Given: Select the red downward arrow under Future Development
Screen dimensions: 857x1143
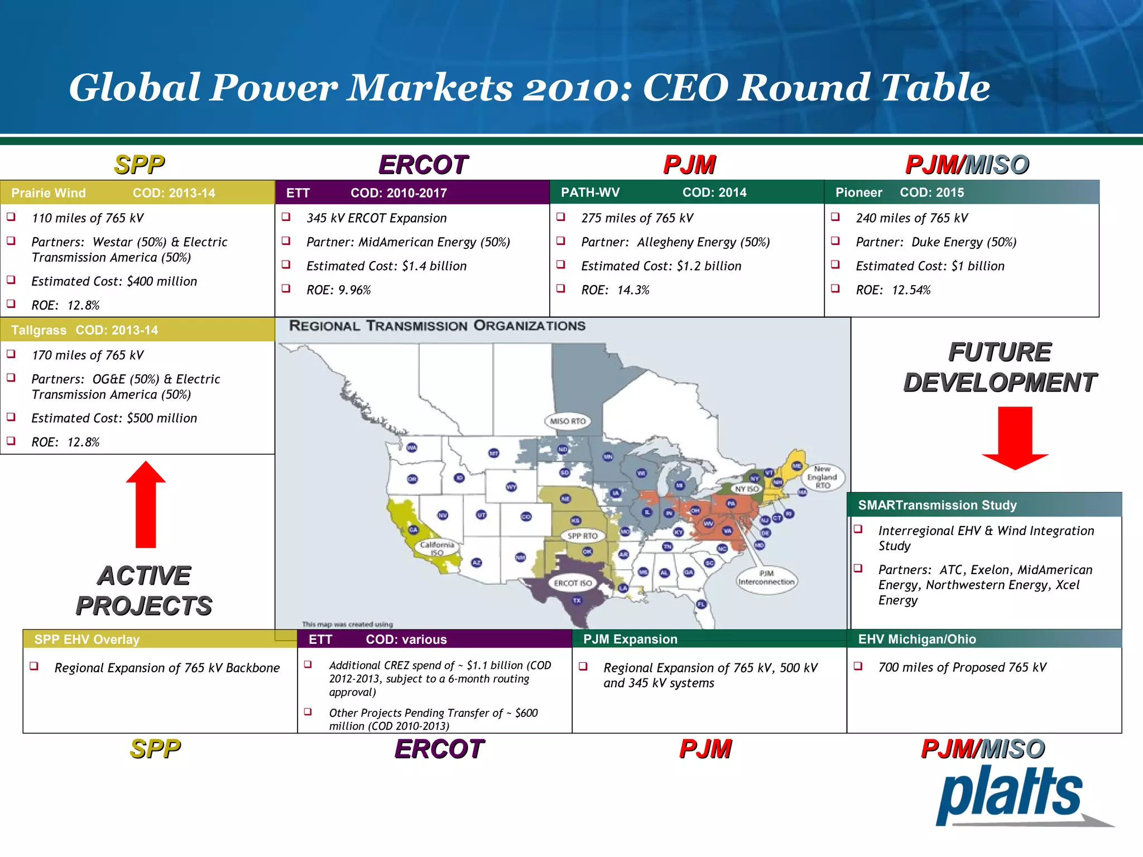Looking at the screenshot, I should (x=1015, y=438).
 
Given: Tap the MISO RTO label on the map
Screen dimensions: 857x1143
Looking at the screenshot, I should (x=568, y=421).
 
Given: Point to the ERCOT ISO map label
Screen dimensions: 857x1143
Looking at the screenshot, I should (x=573, y=583).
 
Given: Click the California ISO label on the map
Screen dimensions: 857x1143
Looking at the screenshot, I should (x=437, y=548).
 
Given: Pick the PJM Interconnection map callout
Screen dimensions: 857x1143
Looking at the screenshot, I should (x=766, y=577).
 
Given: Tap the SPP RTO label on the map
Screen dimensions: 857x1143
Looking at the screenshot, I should (x=582, y=536).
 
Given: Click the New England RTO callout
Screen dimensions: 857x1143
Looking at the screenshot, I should (x=822, y=477).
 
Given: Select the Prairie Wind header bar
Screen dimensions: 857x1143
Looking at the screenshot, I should (x=137, y=192).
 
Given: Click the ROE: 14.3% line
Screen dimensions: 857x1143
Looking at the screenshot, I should (x=615, y=290).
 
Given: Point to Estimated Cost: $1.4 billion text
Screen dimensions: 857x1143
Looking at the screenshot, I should (x=386, y=266).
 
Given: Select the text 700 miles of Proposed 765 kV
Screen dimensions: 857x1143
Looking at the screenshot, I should (x=962, y=667).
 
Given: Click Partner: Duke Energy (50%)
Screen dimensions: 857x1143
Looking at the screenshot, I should (x=936, y=242).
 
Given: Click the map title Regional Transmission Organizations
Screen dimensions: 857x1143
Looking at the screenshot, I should (x=437, y=326).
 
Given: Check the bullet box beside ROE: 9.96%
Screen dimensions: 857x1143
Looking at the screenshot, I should (x=286, y=288).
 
